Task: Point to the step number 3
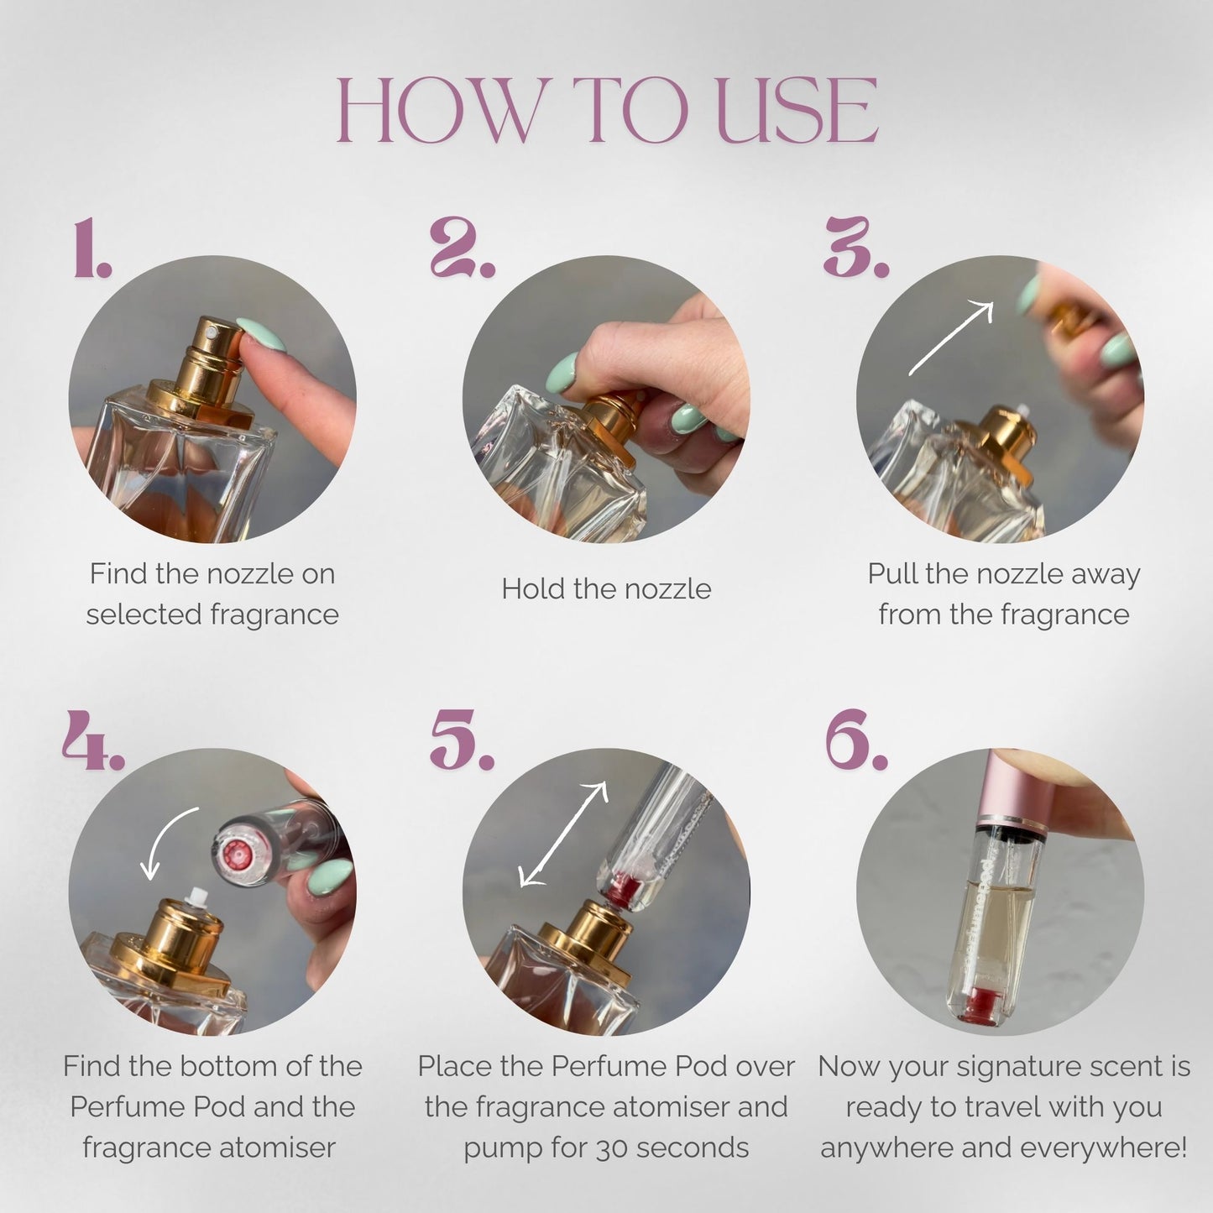856,248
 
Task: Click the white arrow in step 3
950,338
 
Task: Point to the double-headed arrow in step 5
562,834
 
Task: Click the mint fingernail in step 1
260,335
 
